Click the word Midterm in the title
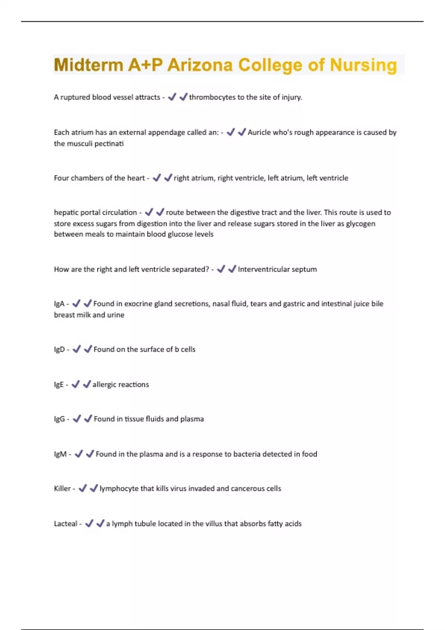pyautogui.click(x=89, y=65)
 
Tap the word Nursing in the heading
pyautogui.click(x=363, y=65)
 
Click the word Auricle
pyautogui.click(x=259, y=132)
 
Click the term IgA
pyautogui.click(x=59, y=304)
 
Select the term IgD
pyautogui.click(x=59, y=349)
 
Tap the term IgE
pyautogui.click(x=59, y=385)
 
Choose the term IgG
pyautogui.click(x=59, y=419)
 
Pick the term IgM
pyautogui.click(x=60, y=454)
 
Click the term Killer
pyautogui.click(x=62, y=489)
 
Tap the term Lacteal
pyautogui.click(x=66, y=524)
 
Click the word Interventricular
pyautogui.click(x=263, y=269)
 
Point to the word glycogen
pyautogui.click(x=360, y=224)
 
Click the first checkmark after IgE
pyautogui.click(x=75, y=384)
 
